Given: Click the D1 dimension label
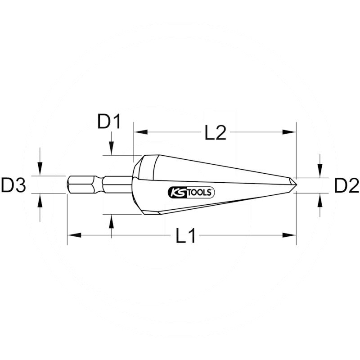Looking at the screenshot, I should click(x=109, y=122).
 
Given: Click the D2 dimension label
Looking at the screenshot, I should click(x=346, y=185).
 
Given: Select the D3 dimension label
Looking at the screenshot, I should click(x=13, y=185).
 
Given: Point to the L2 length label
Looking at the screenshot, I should click(x=215, y=133).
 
